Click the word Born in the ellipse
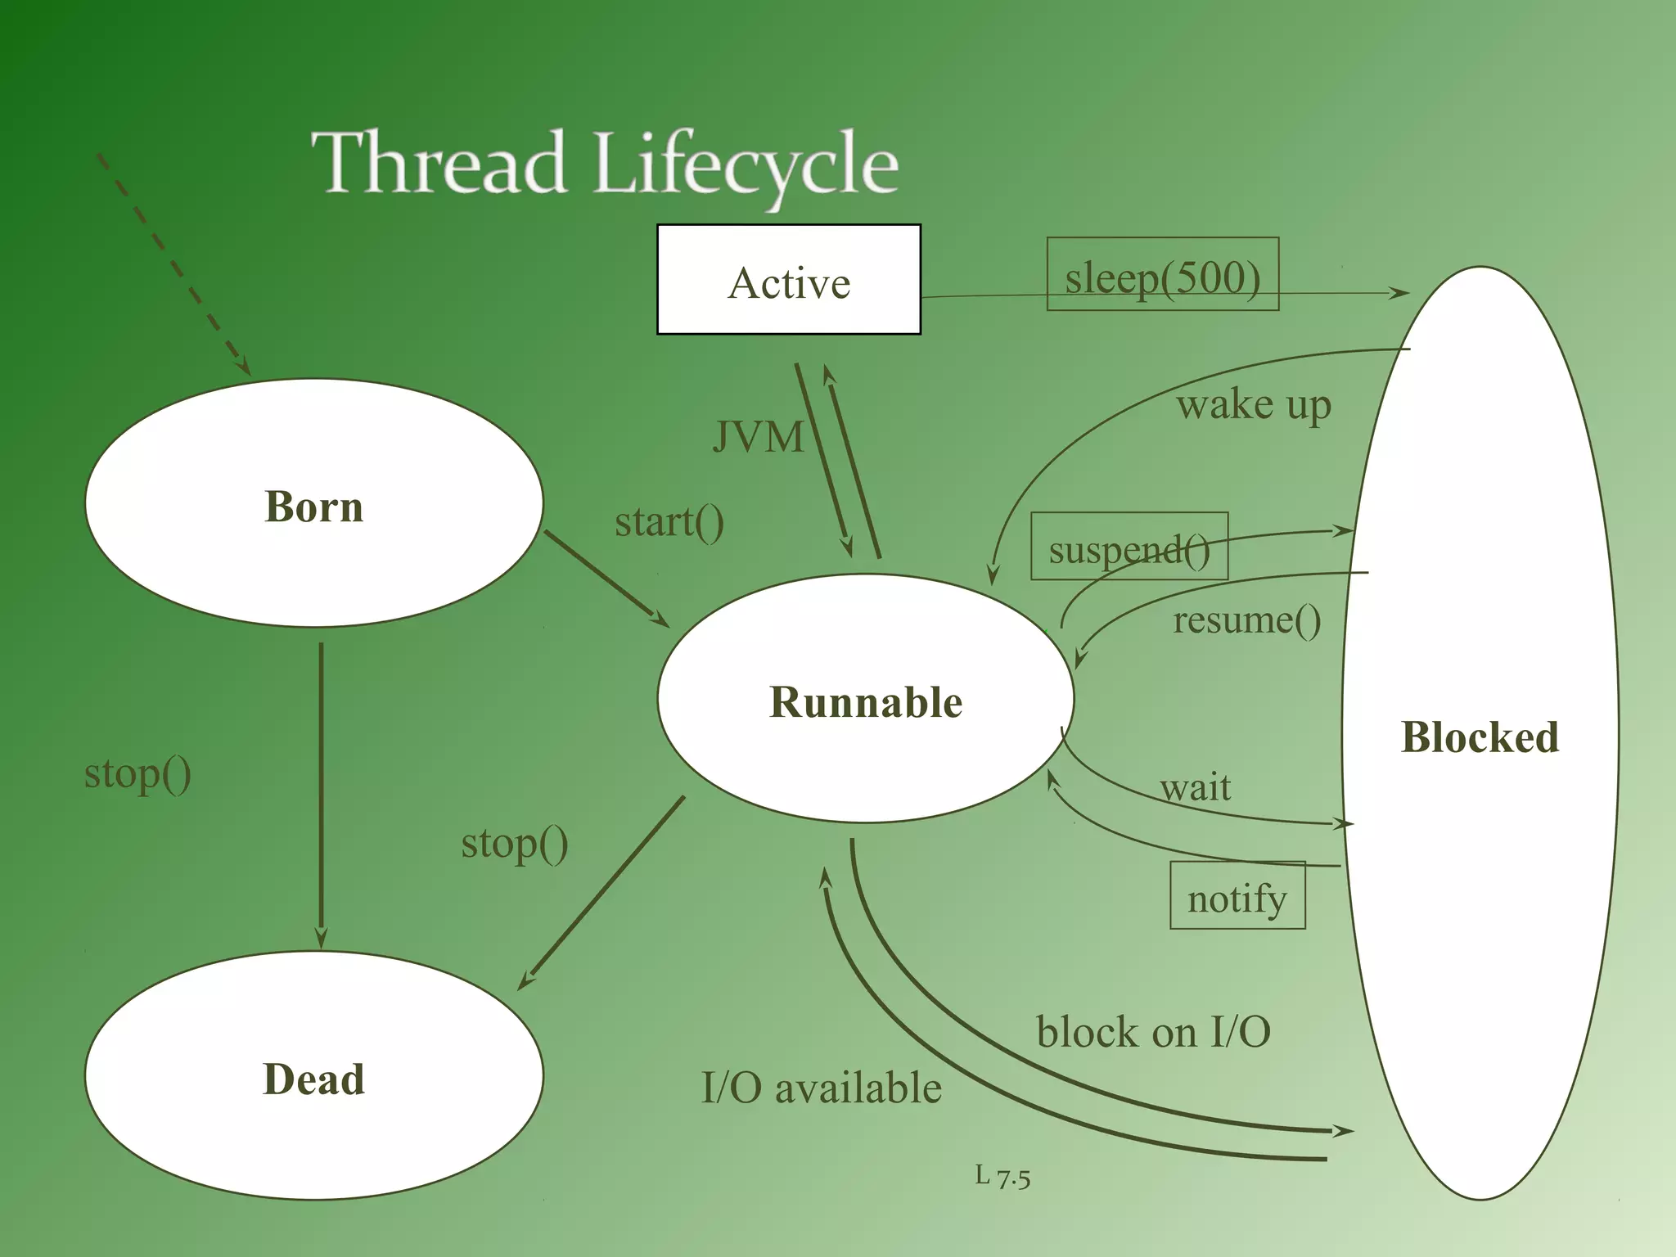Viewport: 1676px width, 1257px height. point(314,506)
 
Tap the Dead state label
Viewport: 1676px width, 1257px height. point(313,1079)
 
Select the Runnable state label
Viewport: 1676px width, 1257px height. point(866,702)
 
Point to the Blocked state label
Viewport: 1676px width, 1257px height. point(1480,737)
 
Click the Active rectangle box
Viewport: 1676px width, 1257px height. point(789,280)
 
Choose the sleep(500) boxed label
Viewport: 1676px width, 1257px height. point(1162,275)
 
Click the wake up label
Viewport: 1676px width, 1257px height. point(1254,404)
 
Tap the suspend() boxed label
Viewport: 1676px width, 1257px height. point(1129,547)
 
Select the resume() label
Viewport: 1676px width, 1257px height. point(1246,619)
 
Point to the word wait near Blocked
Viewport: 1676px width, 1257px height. point(1196,786)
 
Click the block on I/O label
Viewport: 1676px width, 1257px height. point(1153,1031)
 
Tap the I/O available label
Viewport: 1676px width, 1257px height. point(822,1088)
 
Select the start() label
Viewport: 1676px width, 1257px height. point(669,521)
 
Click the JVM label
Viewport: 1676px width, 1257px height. point(758,436)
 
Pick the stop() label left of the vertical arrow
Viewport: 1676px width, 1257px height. point(137,773)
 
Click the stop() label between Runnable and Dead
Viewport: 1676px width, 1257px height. point(514,842)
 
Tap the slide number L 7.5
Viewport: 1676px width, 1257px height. point(1002,1177)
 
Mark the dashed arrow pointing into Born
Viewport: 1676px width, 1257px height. point(173,264)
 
